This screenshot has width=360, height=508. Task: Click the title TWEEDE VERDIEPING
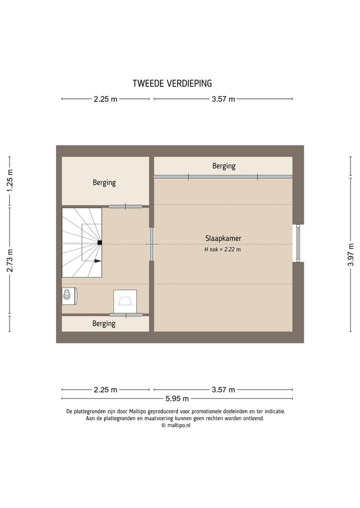pyautogui.click(x=172, y=83)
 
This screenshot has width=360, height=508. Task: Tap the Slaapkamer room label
pyautogui.click(x=223, y=238)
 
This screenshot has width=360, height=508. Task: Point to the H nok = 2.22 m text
pyautogui.click(x=222, y=249)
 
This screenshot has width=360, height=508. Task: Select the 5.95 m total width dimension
pyautogui.click(x=177, y=399)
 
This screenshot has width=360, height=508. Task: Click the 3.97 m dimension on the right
pyautogui.click(x=350, y=255)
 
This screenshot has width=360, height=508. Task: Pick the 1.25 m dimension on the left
pyautogui.click(x=9, y=180)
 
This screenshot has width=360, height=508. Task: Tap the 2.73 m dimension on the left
pyautogui.click(x=9, y=260)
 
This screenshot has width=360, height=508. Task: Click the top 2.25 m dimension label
pyautogui.click(x=105, y=99)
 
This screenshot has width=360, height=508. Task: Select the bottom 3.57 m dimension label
pyautogui.click(x=223, y=390)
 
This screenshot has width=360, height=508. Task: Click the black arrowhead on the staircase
pyautogui.click(x=98, y=261)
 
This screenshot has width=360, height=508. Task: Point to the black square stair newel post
pyautogui.click(x=100, y=242)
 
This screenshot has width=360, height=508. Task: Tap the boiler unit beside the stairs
pyautogui.click(x=69, y=296)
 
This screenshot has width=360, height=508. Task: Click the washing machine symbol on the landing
pyautogui.click(x=125, y=302)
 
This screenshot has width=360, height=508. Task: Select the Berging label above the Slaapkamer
pyautogui.click(x=224, y=166)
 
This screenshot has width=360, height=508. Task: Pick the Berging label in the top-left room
pyautogui.click(x=104, y=183)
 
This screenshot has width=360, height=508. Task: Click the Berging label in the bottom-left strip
pyautogui.click(x=104, y=324)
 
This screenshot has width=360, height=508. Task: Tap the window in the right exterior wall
pyautogui.click(x=298, y=243)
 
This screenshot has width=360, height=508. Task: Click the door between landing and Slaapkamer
pyautogui.click(x=151, y=244)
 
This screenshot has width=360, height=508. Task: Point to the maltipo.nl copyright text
pyautogui.click(x=176, y=426)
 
